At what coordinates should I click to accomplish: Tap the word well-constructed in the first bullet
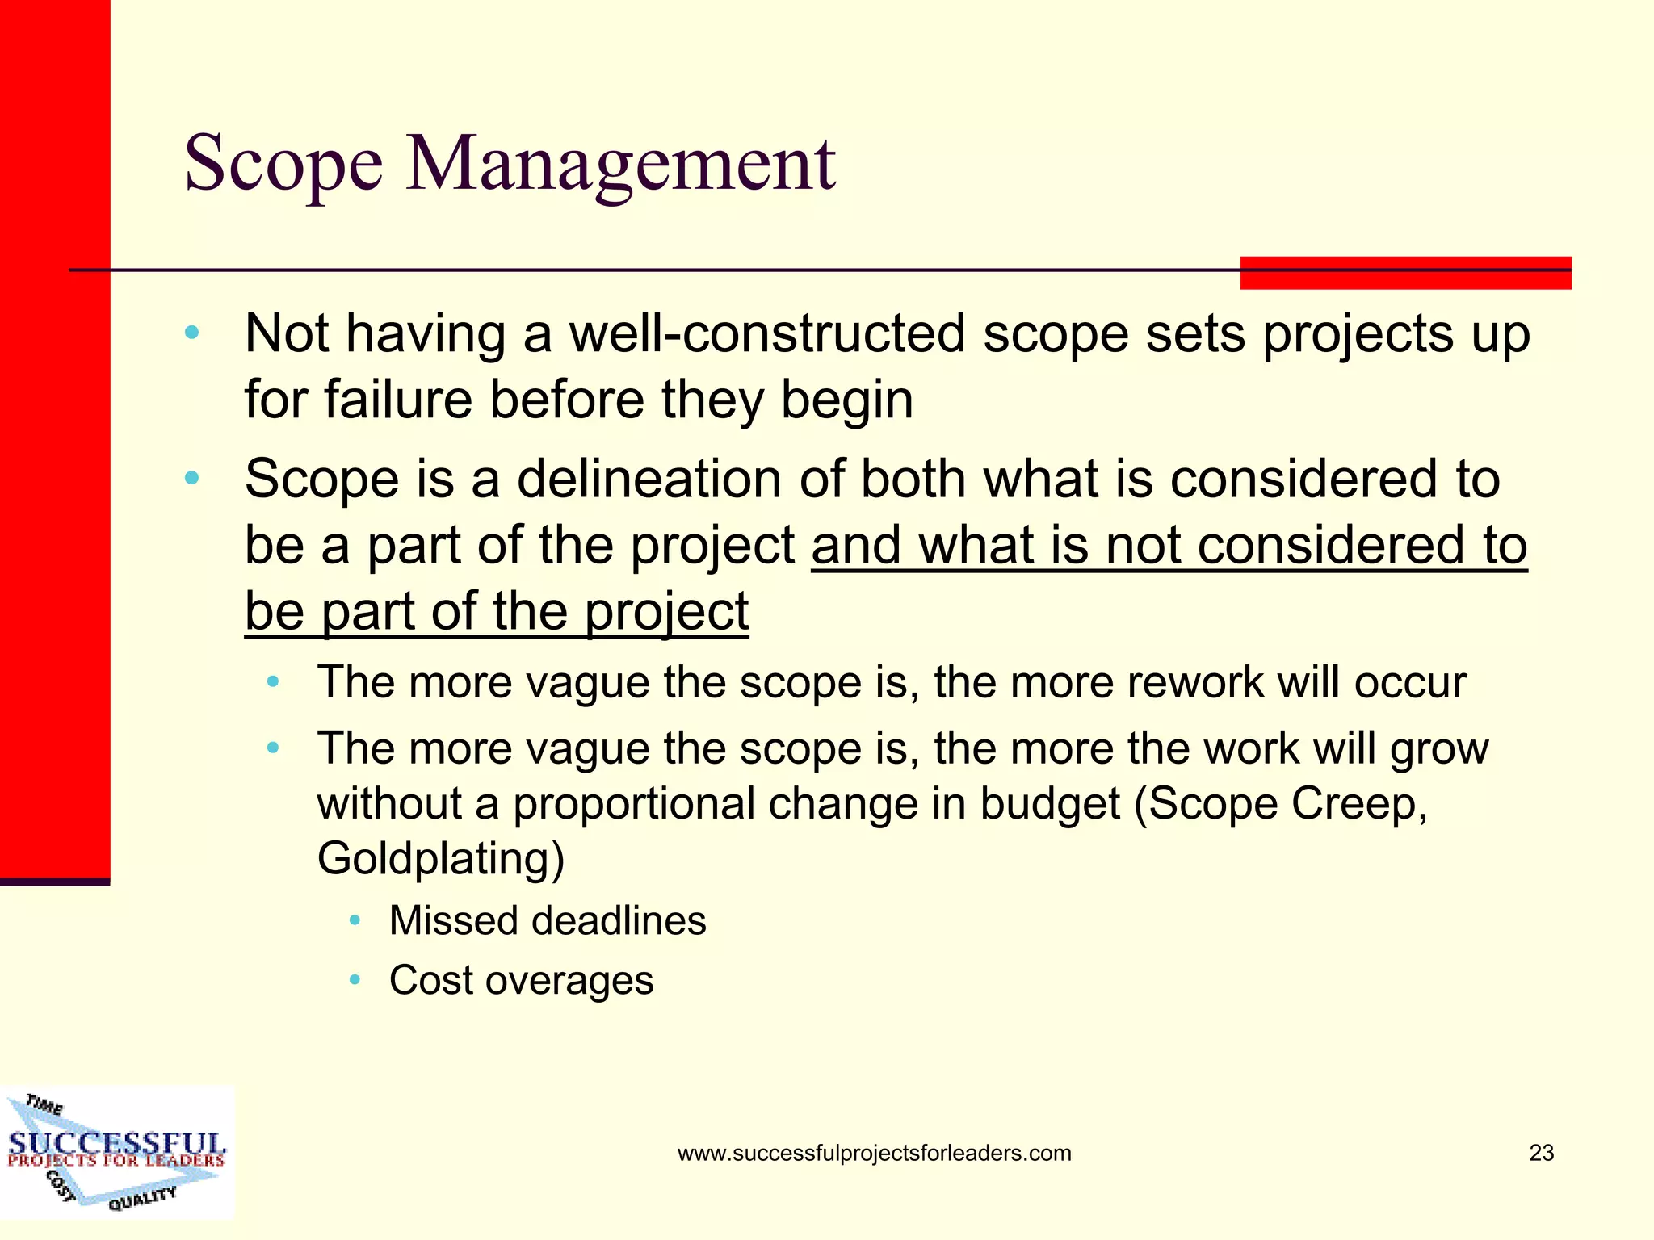point(767,333)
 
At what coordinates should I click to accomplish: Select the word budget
point(1051,804)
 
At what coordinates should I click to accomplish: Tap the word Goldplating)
point(441,858)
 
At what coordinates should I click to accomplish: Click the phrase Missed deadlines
point(548,921)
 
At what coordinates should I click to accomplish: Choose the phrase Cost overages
point(521,981)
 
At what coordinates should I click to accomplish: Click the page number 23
point(1541,1153)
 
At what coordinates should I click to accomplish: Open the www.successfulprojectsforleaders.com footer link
point(874,1153)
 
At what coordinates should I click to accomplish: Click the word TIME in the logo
point(44,1104)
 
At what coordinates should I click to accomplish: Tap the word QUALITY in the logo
point(142,1198)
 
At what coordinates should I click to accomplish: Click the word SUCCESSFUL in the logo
point(117,1142)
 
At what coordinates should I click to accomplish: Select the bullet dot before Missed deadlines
point(355,921)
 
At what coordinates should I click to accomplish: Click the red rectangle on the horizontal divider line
point(1405,273)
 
